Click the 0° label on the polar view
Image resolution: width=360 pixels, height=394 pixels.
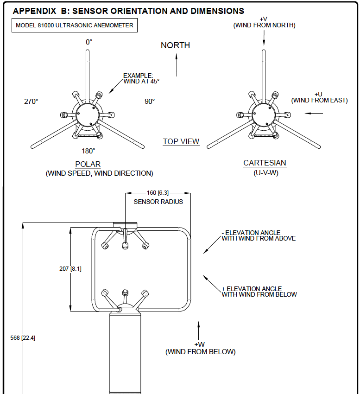[x=89, y=42]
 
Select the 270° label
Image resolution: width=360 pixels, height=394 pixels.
[x=31, y=102]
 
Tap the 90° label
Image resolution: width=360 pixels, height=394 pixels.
[x=150, y=102]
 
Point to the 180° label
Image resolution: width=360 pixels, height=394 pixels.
[x=88, y=151]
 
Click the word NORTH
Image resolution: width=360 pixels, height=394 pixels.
[x=175, y=45]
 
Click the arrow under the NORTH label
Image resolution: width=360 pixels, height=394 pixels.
[x=177, y=65]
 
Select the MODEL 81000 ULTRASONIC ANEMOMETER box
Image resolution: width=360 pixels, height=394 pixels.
[x=74, y=25]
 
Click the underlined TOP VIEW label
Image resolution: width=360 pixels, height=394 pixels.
[x=181, y=142]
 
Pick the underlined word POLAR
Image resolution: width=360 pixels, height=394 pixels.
[x=88, y=165]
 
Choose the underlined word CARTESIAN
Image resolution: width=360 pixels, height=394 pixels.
[x=265, y=163]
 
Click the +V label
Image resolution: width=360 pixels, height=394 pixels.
[x=264, y=19]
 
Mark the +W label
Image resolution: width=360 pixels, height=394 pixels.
[x=200, y=345]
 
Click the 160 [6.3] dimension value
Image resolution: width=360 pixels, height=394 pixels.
[x=158, y=193]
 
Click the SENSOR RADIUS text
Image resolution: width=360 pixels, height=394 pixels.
[x=158, y=202]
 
